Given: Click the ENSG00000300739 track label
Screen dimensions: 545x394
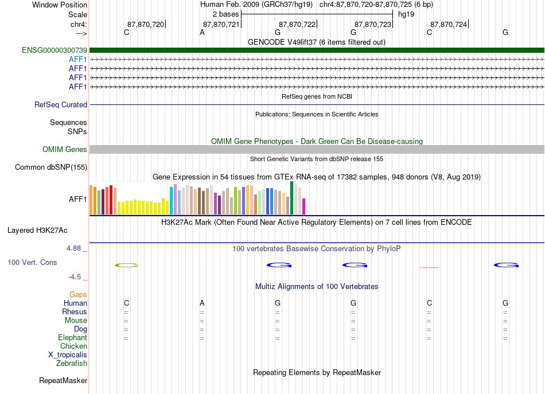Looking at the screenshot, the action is point(54,50).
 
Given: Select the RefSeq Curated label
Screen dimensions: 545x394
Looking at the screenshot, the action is point(61,104).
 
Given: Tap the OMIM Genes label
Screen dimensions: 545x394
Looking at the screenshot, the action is point(65,150).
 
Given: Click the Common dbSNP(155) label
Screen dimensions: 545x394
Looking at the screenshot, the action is point(51,167).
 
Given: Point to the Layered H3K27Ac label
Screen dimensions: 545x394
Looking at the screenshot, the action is point(37,231).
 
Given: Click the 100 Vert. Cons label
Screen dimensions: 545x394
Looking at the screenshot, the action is point(32,262).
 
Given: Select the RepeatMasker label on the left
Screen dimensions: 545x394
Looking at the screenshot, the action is point(63,380).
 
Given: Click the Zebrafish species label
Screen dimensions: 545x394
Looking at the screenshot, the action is point(72,363).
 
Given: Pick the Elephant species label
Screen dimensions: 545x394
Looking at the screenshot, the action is point(73,337).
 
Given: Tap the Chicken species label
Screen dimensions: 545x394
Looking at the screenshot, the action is point(73,346).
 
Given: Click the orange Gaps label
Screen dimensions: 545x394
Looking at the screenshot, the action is point(78,295).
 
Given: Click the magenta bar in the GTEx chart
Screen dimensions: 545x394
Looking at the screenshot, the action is point(304,206).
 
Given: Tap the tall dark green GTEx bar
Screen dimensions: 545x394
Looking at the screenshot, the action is point(292,198).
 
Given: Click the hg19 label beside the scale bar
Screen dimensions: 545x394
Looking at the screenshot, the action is point(406,14).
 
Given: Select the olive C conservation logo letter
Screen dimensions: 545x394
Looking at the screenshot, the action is point(127,266).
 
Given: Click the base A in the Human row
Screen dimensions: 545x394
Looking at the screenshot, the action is point(202,303).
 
